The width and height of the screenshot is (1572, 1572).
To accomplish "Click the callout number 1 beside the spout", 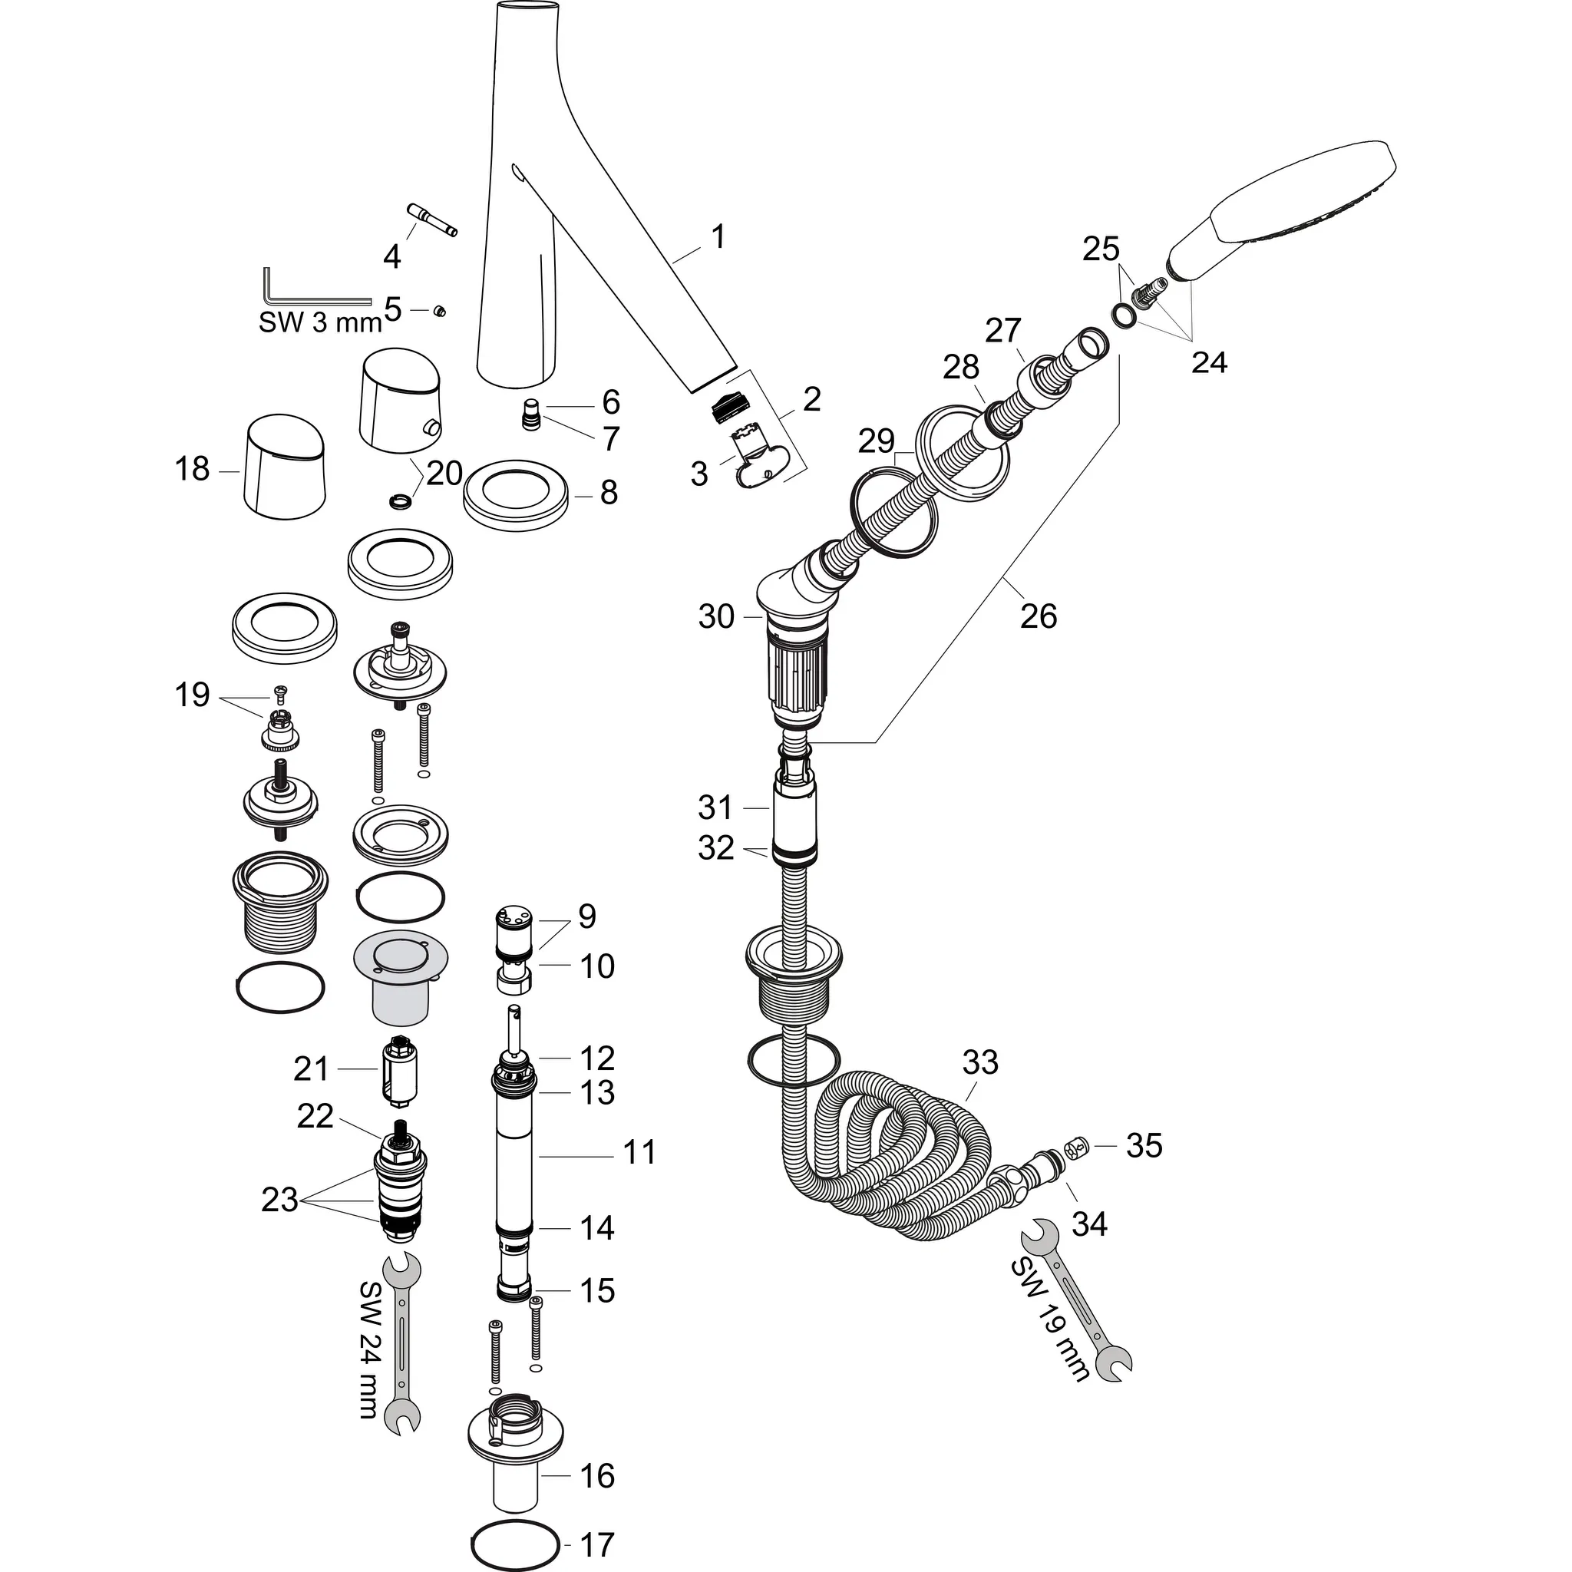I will tap(718, 238).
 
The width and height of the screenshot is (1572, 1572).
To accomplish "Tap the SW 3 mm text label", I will tap(320, 322).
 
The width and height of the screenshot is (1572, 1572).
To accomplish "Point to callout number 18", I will tap(192, 470).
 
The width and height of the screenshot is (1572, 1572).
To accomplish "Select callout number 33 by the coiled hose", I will tap(979, 1062).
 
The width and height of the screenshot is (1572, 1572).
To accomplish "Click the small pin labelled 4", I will tap(431, 220).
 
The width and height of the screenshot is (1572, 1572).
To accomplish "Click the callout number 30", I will tap(716, 617).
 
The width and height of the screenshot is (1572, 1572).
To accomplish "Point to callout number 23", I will tap(279, 1200).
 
